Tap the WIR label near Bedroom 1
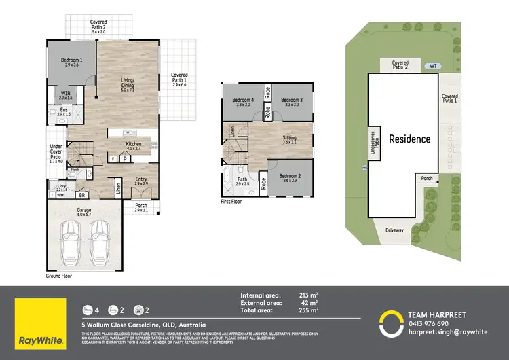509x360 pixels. click(x=66, y=94)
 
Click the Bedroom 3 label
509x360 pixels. click(x=291, y=101)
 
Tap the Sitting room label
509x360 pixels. click(x=289, y=138)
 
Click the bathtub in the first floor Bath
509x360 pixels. click(x=226, y=181)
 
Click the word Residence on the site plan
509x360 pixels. click(x=409, y=139)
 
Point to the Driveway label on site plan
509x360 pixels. click(x=394, y=230)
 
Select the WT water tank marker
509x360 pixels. click(x=432, y=67)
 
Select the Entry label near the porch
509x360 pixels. click(x=140, y=180)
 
